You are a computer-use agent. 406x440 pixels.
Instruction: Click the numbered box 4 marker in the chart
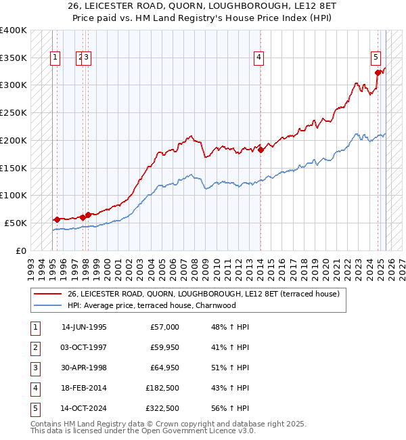point(259,58)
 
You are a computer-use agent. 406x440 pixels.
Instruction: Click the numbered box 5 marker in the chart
point(376,58)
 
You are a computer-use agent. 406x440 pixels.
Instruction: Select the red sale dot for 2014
point(261,150)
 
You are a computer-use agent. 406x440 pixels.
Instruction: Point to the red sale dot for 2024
point(378,72)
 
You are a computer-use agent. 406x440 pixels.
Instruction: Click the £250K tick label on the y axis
point(14,112)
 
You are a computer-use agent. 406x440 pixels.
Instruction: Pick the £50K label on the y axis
point(16,223)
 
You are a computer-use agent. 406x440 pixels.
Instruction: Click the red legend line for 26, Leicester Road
point(47,294)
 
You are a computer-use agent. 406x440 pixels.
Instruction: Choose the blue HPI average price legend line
point(47,305)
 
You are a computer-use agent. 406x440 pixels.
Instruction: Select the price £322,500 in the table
point(162,408)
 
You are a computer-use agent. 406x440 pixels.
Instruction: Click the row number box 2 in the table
point(35,347)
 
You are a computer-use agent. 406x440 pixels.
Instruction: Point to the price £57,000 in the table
point(164,327)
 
